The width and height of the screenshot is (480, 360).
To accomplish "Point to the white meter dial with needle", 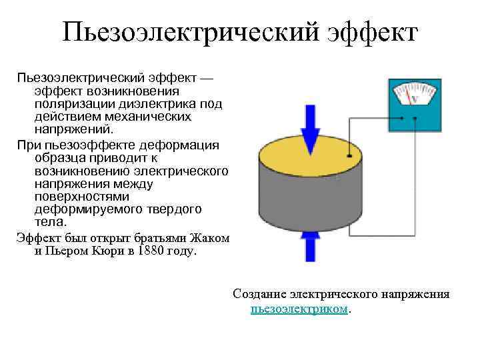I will pyautogui.click(x=413, y=94).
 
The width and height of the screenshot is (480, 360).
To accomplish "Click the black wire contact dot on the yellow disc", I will pyautogui.click(x=350, y=157).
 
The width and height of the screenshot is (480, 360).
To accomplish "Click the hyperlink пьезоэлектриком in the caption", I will pyautogui.click(x=299, y=310).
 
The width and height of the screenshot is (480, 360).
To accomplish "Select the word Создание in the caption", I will pyautogui.click(x=257, y=294).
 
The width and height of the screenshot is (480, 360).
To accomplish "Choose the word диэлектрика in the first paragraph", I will pyautogui.click(x=152, y=104).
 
